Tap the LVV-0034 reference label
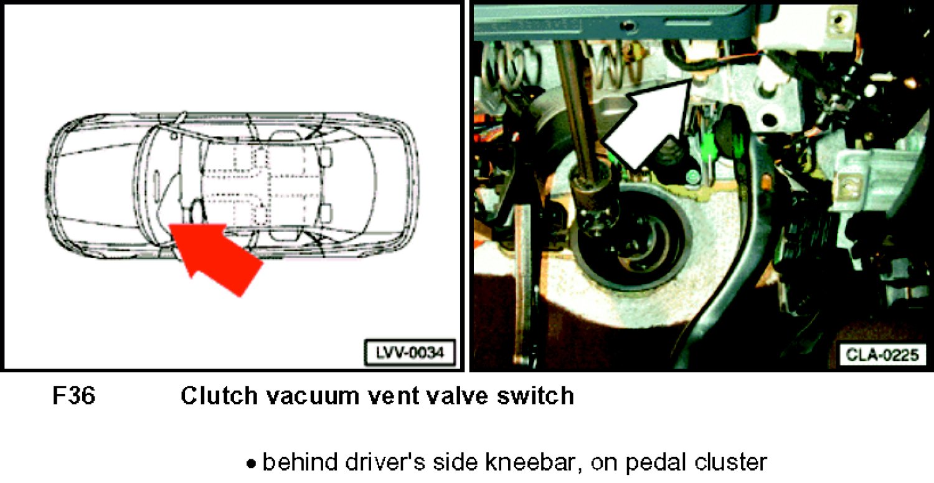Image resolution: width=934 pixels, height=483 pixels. pyautogui.click(x=410, y=353)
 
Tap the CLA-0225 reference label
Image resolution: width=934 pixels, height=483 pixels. pyautogui.click(x=882, y=355)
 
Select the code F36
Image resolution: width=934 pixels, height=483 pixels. pyautogui.click(x=74, y=395)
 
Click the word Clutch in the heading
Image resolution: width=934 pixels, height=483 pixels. pyautogui.click(x=219, y=395)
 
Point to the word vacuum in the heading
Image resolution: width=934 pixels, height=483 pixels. pyautogui.click(x=313, y=396)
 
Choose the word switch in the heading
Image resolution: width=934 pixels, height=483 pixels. pyautogui.click(x=535, y=395)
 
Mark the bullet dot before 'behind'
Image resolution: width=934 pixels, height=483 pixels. pyautogui.click(x=251, y=464)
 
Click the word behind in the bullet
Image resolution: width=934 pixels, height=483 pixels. pyautogui.click(x=300, y=462)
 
